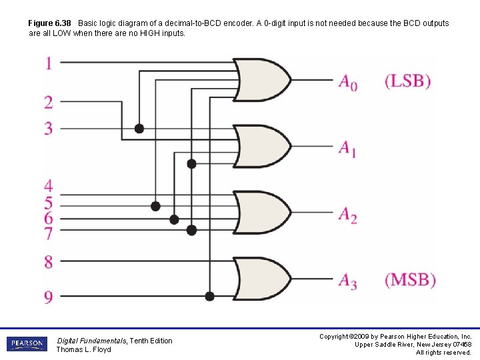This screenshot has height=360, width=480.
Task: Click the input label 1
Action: tap(49, 63)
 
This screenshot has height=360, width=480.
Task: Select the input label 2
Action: tap(49, 102)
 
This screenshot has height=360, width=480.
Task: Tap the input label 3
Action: tap(49, 127)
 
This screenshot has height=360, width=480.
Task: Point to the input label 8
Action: tap(49, 262)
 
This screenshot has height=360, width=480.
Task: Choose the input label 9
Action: tap(49, 297)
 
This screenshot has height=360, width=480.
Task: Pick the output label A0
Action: tap(347, 82)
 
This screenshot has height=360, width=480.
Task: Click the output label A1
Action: tap(347, 148)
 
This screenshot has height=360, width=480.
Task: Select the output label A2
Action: tap(347, 215)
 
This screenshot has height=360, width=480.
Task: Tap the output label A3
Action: tap(347, 281)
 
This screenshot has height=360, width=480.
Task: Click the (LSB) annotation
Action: tap(408, 81)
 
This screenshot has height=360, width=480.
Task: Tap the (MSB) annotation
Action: tap(410, 280)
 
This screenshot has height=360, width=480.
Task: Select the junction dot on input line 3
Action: tap(139, 128)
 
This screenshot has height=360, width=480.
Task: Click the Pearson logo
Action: tap(27, 344)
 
